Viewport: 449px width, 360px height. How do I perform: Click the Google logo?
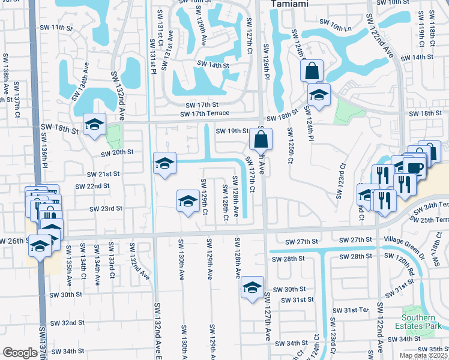[x=19, y=353]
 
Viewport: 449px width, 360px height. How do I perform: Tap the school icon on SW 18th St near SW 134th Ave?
[x=94, y=125]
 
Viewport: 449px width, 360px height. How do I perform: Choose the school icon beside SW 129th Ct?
[x=188, y=201]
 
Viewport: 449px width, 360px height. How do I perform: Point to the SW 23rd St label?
[x=106, y=209]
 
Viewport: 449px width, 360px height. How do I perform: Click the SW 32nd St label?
[x=67, y=323]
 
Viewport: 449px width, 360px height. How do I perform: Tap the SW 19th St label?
[x=232, y=130]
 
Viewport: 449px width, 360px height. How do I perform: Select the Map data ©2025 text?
[x=424, y=355]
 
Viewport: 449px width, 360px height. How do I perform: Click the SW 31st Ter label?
[x=355, y=310]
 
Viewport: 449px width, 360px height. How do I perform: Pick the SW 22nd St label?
[x=92, y=186]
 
